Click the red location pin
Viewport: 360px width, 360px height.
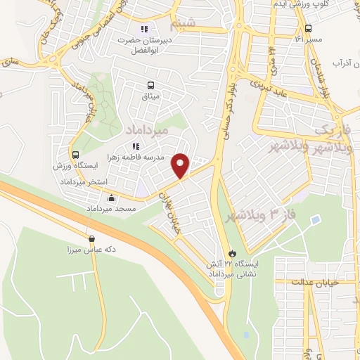coord(181,165)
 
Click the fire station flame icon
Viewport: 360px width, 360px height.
coord(231,252)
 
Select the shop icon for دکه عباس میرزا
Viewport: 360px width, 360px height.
coord(92,238)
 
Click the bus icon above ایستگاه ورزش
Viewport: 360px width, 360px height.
coord(75,155)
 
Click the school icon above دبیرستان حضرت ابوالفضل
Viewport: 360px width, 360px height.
coord(144,30)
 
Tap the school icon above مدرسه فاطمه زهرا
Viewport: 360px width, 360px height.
coord(136,146)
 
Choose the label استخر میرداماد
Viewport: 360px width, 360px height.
coord(84,181)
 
